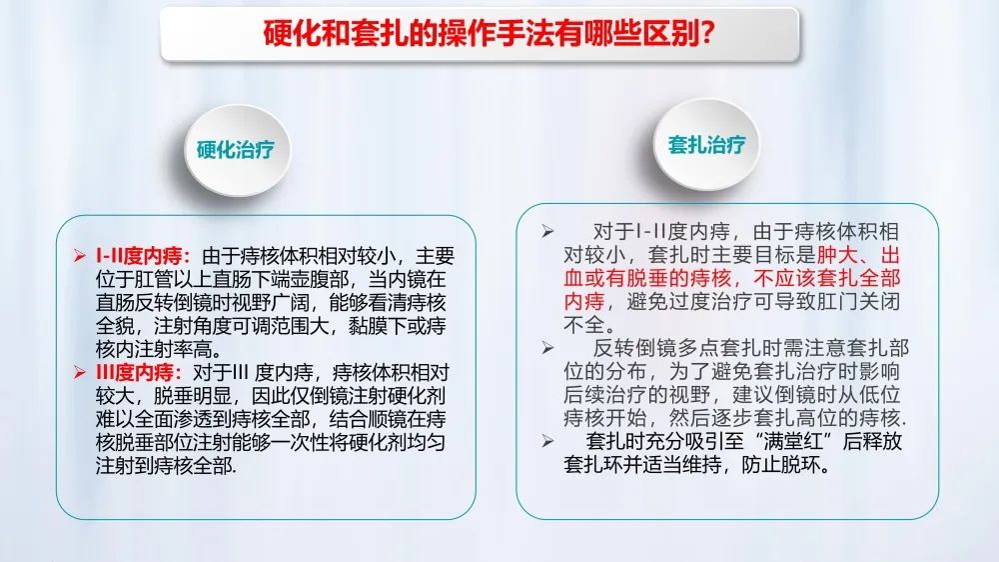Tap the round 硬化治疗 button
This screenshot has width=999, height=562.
pyautogui.click(x=237, y=150)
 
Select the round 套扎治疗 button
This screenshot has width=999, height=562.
pyautogui.click(x=706, y=145)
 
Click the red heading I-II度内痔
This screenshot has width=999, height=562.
pyautogui.click(x=143, y=256)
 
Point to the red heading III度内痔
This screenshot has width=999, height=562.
pyautogui.click(x=139, y=373)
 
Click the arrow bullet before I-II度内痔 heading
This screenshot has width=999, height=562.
pyautogui.click(x=80, y=256)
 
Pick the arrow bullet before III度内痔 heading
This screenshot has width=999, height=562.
pyautogui.click(x=80, y=373)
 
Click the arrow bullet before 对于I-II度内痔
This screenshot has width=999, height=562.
pyautogui.click(x=547, y=232)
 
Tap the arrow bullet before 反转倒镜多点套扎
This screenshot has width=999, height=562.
pyautogui.click(x=547, y=348)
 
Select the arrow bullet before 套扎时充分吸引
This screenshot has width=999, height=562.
pyautogui.click(x=547, y=441)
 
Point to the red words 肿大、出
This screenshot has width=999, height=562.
pyautogui.click(x=858, y=255)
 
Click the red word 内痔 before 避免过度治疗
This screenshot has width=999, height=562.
pyautogui.click(x=584, y=301)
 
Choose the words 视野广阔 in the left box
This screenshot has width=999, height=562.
pyautogui.click(x=271, y=302)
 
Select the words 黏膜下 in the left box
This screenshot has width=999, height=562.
pyautogui.click(x=378, y=326)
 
